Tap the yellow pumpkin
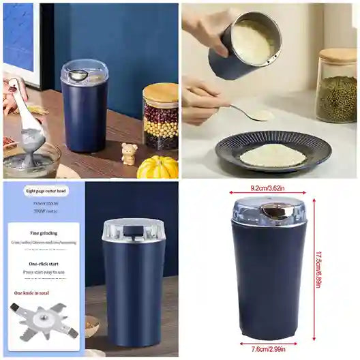[157, 167]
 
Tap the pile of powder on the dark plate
[273, 155]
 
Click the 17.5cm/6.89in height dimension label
[318, 269]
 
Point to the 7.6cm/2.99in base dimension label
[268, 348]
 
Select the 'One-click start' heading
[43, 263]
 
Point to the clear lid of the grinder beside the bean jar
[85, 72]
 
